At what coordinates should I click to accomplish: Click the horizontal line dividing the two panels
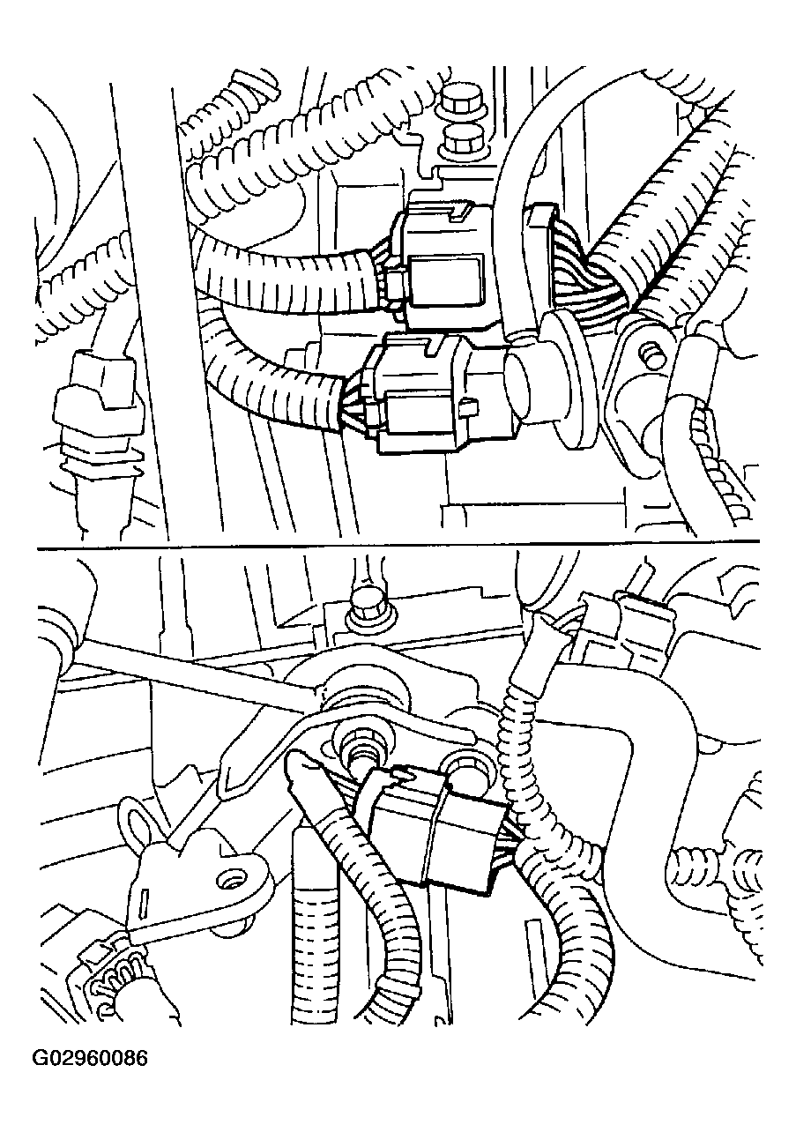pos(398,545)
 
